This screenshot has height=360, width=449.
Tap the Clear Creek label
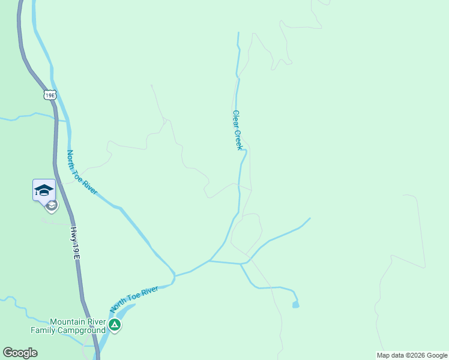pos(238,130)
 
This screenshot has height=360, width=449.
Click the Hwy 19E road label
pos(75,242)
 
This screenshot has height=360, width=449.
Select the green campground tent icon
pos(115,325)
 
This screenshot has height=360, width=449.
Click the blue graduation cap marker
pos(44,190)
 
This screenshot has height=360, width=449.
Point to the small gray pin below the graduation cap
pos(52,206)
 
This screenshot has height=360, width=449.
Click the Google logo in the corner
pos(20,353)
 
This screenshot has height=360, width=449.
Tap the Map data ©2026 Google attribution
pos(412,355)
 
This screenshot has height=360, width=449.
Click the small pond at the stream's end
pos(295,305)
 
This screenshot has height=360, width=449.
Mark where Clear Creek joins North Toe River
pos(210,260)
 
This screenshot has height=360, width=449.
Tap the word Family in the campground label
pos(44,329)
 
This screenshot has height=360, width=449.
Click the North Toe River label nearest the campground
pos(134,299)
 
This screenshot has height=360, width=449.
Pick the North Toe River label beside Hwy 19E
pos(82,172)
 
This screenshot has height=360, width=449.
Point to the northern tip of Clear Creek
pos(238,33)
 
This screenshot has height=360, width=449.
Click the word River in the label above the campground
pos(149,292)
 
